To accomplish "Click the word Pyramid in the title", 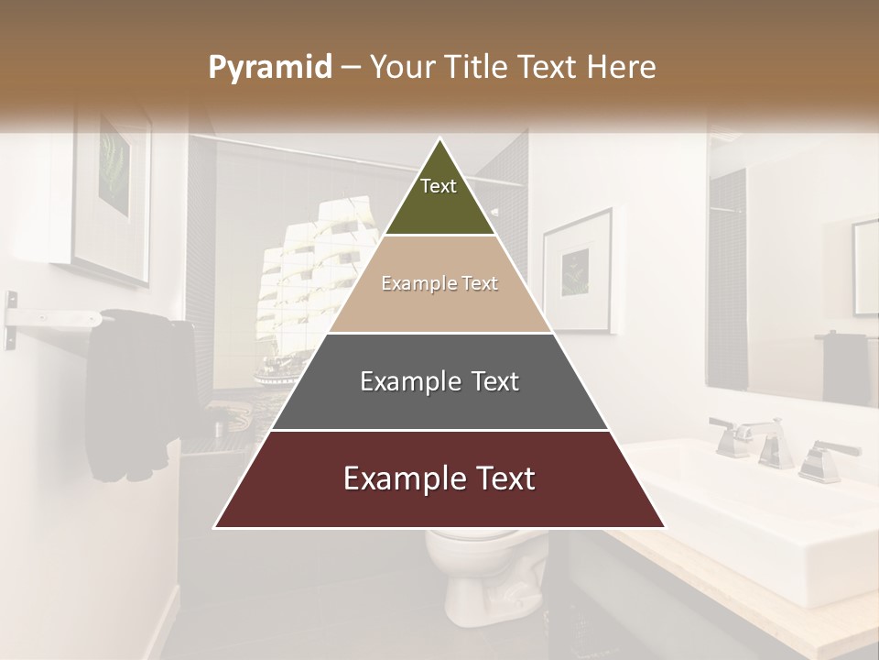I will point(269,68).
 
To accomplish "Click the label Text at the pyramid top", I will point(439,186).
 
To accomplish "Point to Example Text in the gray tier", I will point(439,381).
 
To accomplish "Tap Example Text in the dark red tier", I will point(439,478).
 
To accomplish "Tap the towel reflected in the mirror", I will point(845,367).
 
